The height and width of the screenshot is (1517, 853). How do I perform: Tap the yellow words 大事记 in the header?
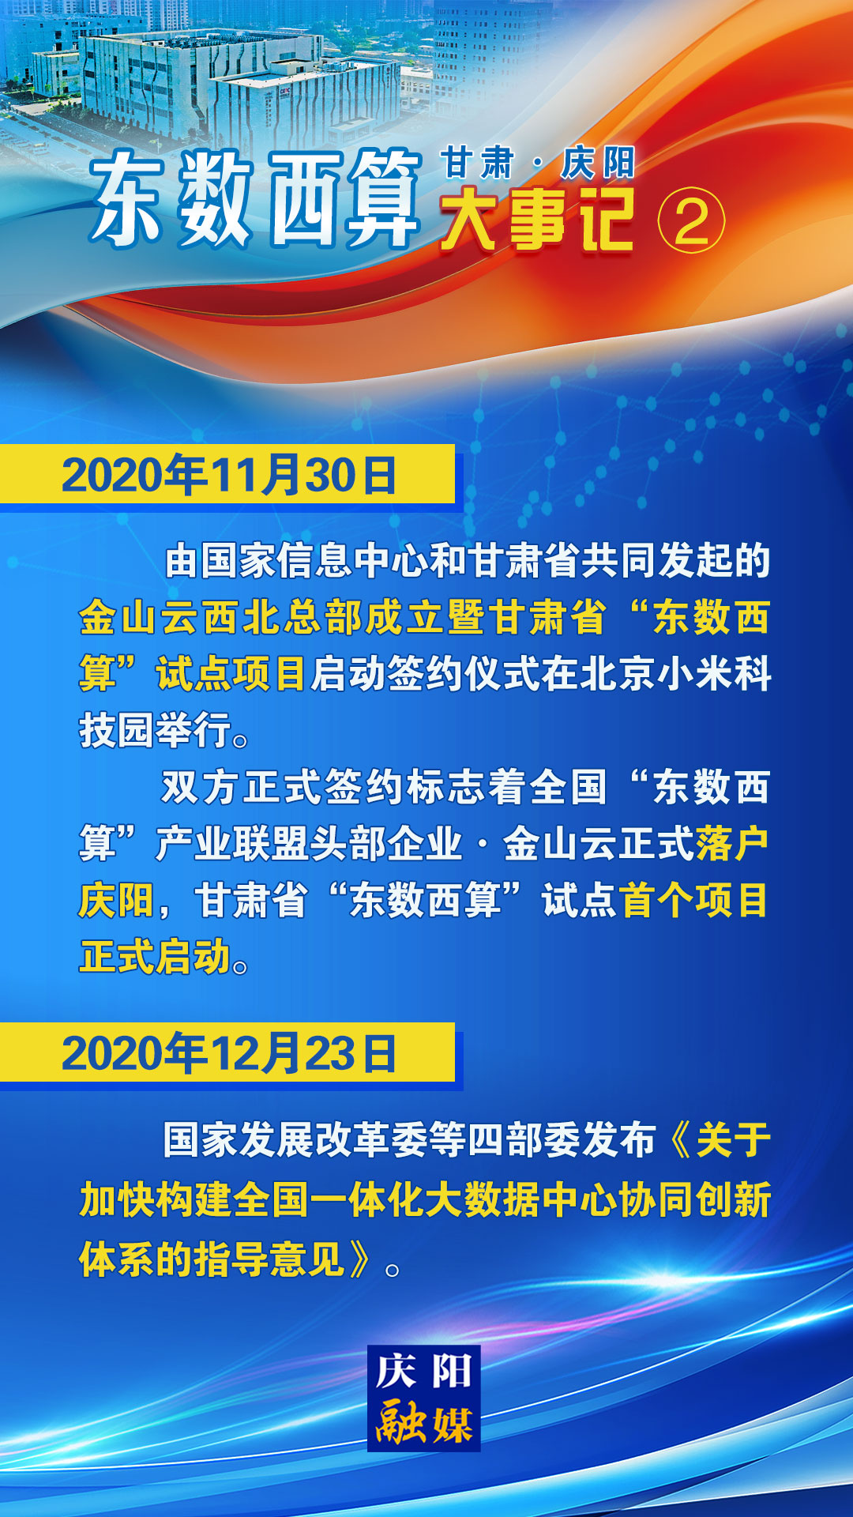[538, 220]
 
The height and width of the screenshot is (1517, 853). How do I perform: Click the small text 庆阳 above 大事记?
[598, 163]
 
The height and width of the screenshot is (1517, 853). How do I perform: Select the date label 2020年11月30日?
[229, 476]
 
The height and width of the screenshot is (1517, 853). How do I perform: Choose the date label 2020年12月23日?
[229, 1053]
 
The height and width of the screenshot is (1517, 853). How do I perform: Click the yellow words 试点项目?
[231, 674]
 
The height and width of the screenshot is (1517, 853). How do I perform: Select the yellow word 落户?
[732, 843]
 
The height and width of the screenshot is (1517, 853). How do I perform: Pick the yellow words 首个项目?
[694, 900]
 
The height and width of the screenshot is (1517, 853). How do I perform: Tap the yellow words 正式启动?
[155, 957]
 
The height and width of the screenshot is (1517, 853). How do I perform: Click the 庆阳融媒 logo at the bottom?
[424, 1398]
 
